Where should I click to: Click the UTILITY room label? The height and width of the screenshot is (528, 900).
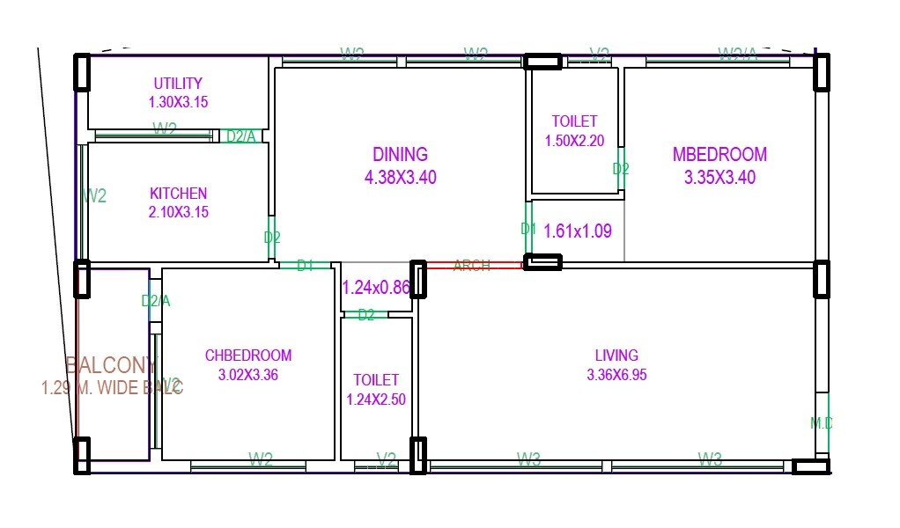[x=178, y=84]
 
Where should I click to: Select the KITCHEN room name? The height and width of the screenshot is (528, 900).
[x=178, y=194]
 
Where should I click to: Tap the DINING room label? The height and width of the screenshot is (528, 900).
[x=400, y=155]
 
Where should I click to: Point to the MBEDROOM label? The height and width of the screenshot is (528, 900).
[x=719, y=155]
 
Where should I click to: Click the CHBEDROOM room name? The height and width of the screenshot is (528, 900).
[x=248, y=356]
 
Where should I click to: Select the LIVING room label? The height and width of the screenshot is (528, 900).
[x=616, y=356]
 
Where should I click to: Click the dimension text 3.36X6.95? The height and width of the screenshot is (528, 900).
[x=616, y=375]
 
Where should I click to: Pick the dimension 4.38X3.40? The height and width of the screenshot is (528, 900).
[x=400, y=178]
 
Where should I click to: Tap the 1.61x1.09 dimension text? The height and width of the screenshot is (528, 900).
[x=578, y=231]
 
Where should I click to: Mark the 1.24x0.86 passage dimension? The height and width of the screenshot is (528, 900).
[x=377, y=287]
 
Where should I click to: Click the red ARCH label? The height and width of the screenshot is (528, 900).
[x=471, y=266]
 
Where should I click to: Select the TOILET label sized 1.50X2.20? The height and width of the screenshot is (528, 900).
[x=574, y=121]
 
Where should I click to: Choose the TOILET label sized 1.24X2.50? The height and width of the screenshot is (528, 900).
[x=376, y=380]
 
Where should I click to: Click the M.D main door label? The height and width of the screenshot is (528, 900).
[x=821, y=423]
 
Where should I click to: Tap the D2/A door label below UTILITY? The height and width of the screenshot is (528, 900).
[x=241, y=136]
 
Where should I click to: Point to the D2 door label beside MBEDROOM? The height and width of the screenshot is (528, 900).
[x=621, y=169]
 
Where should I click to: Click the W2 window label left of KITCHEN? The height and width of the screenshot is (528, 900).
[x=95, y=196]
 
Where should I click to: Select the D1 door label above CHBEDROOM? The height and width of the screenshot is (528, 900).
[x=305, y=266]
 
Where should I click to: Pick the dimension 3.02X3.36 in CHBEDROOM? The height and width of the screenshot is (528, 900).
[x=248, y=375]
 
